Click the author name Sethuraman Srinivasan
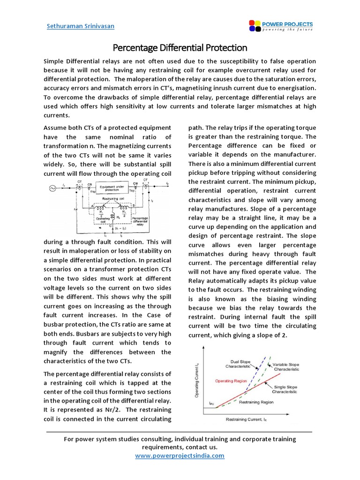81,26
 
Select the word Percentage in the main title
136,48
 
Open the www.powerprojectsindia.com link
180,456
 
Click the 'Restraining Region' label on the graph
256,402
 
